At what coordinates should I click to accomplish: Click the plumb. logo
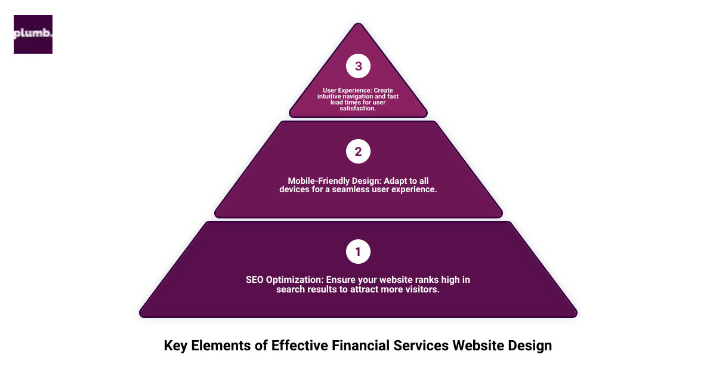(x=33, y=34)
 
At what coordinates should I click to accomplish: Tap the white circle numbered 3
(x=358, y=66)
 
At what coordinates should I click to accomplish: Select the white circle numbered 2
(x=358, y=152)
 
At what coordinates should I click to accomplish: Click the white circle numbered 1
(x=358, y=252)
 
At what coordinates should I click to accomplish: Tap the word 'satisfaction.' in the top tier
(x=358, y=109)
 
